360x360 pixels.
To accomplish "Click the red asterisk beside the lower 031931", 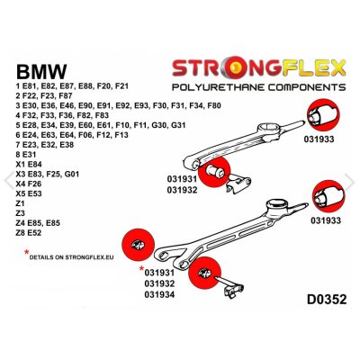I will click(x=142, y=269).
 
